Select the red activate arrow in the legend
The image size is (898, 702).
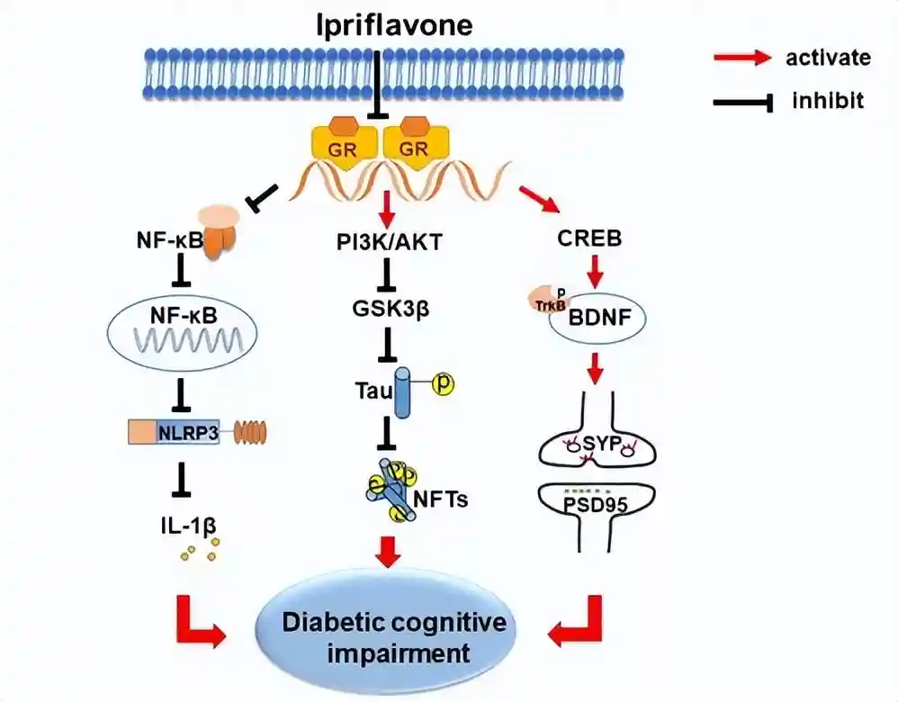coord(743,58)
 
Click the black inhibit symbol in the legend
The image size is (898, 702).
coord(743,103)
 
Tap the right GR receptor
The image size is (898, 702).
coord(414,143)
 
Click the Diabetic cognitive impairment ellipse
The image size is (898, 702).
coord(393,636)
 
